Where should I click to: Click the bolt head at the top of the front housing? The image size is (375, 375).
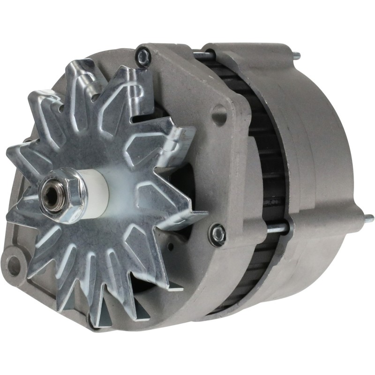(x=143, y=57)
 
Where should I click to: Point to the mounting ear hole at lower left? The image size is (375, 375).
(x=15, y=267)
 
